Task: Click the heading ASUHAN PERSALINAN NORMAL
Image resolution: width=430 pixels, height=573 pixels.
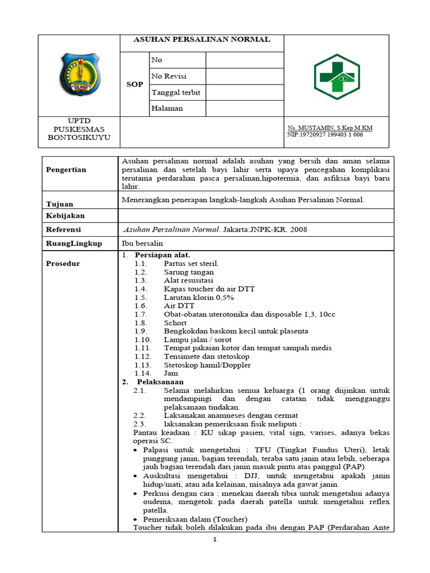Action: click(202, 40)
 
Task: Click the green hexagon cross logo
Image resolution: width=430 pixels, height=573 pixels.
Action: click(337, 77)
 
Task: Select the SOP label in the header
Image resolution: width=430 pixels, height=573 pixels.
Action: click(134, 84)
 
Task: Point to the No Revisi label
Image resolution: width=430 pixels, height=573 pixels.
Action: click(169, 76)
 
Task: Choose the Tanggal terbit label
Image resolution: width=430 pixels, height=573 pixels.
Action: click(176, 92)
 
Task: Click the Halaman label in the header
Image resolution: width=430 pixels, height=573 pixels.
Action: click(167, 109)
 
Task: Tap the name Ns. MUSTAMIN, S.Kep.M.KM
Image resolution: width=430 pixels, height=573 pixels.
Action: click(329, 128)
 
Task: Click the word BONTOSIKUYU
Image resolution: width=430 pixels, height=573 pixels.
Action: click(79, 137)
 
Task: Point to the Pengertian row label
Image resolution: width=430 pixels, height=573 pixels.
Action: click(66, 170)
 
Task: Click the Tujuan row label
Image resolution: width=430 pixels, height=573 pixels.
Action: click(59, 204)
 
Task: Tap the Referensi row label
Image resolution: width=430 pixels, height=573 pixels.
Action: click(63, 229)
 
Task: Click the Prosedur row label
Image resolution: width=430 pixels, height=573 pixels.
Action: click(63, 264)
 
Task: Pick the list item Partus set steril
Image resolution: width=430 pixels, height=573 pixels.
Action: click(191, 264)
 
